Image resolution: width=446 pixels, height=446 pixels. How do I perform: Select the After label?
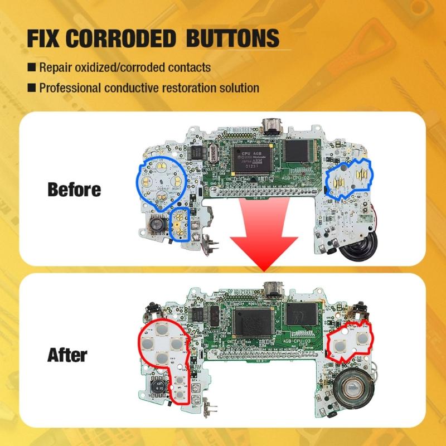(67, 355)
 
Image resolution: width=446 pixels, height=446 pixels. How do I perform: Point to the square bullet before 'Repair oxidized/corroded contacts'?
(32, 68)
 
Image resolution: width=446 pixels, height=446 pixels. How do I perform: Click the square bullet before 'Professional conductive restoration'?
(32, 88)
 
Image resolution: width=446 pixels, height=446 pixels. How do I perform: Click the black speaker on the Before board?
(361, 249)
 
